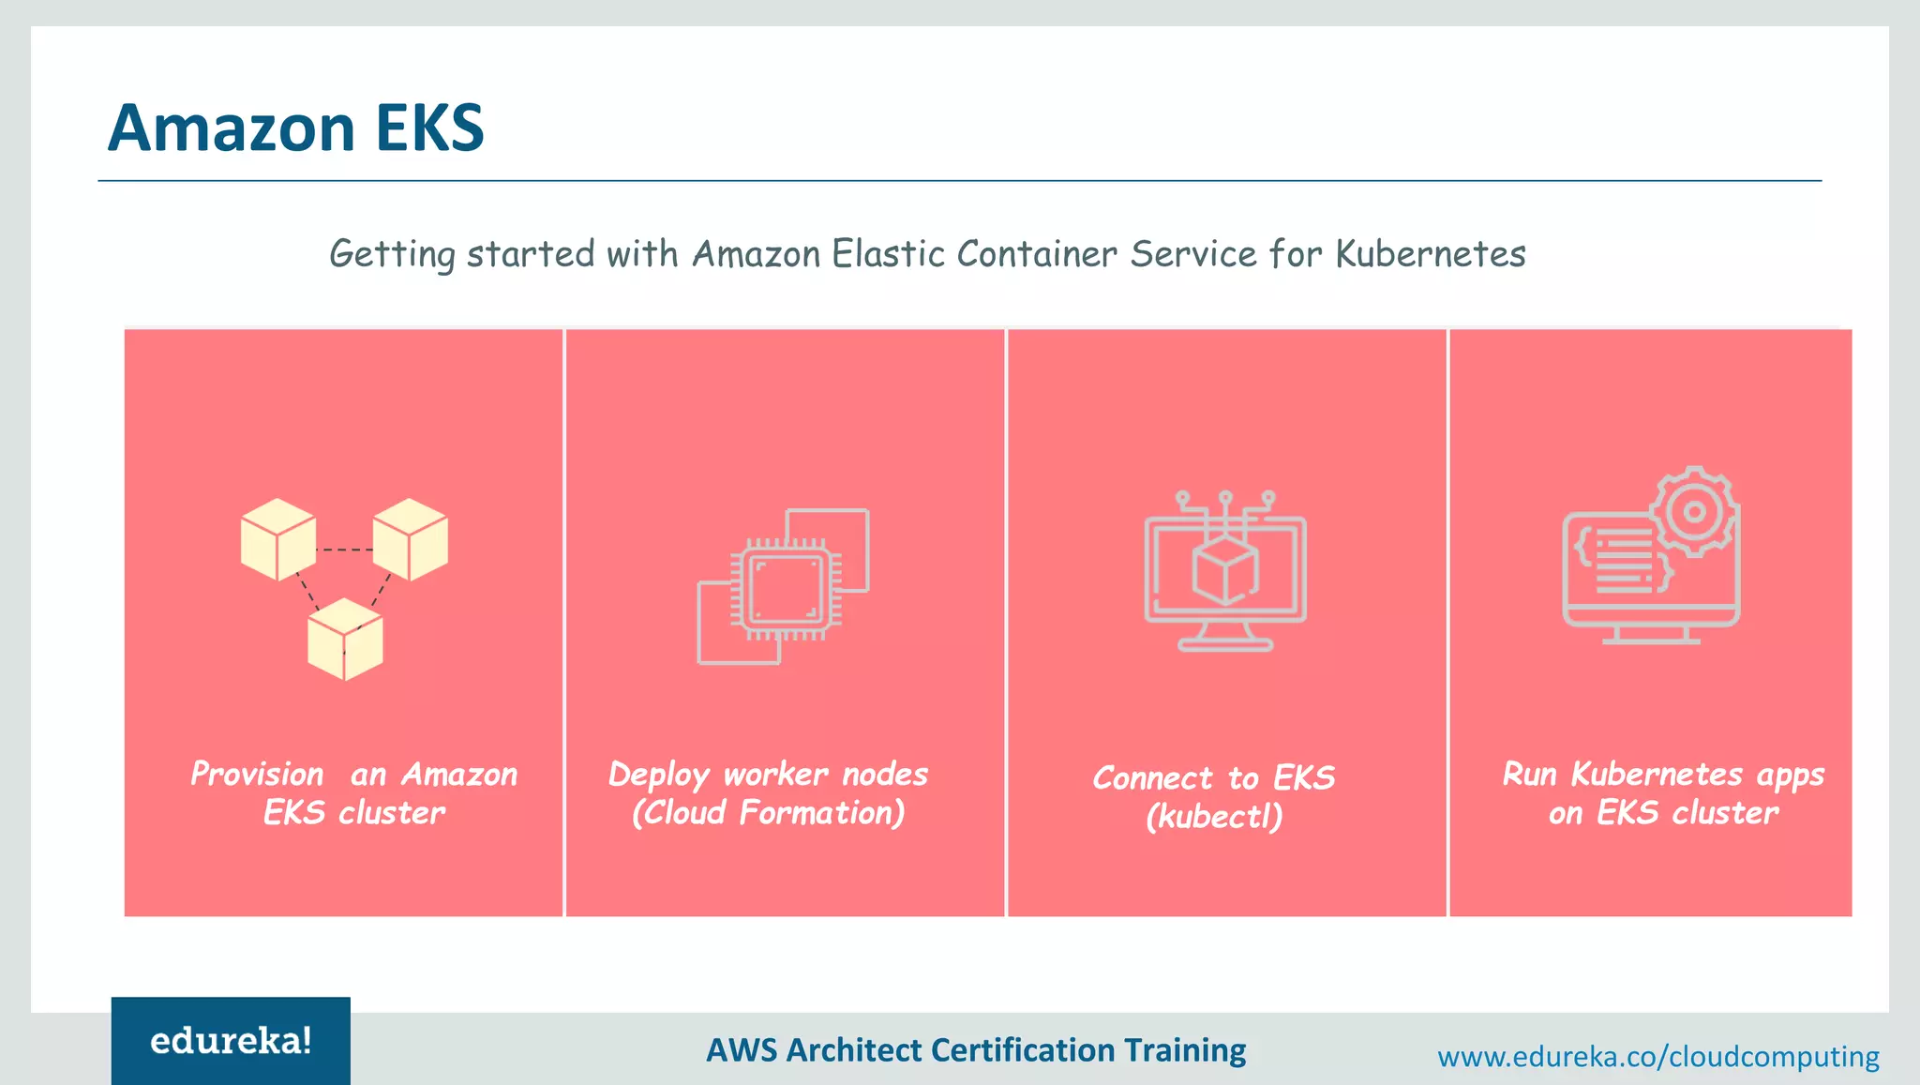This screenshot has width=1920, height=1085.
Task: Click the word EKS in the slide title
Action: pos(429,128)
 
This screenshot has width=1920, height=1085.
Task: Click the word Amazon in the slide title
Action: pos(231,128)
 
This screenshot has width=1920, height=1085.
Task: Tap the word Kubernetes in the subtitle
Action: pos(1430,254)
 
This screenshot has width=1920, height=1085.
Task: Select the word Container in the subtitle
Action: pos(1037,254)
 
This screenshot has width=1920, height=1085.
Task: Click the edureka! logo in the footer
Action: pos(231,1041)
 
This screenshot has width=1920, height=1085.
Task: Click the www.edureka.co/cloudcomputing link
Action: pos(1657,1057)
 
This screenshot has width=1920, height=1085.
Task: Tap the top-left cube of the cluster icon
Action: pos(277,539)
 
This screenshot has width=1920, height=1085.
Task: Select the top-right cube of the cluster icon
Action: pos(411,539)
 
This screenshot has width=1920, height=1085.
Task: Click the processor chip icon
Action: pos(786,588)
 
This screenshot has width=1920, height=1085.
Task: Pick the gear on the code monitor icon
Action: pos(1693,512)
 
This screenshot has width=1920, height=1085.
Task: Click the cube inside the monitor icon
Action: pos(1224,571)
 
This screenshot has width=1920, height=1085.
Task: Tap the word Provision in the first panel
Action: pos(257,775)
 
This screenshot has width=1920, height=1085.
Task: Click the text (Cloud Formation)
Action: pos(768,812)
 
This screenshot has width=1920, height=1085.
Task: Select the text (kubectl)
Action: pos(1214,816)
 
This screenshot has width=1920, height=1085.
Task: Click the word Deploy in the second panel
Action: pos(659,776)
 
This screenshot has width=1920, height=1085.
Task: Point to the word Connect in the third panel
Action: pos(1153,778)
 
